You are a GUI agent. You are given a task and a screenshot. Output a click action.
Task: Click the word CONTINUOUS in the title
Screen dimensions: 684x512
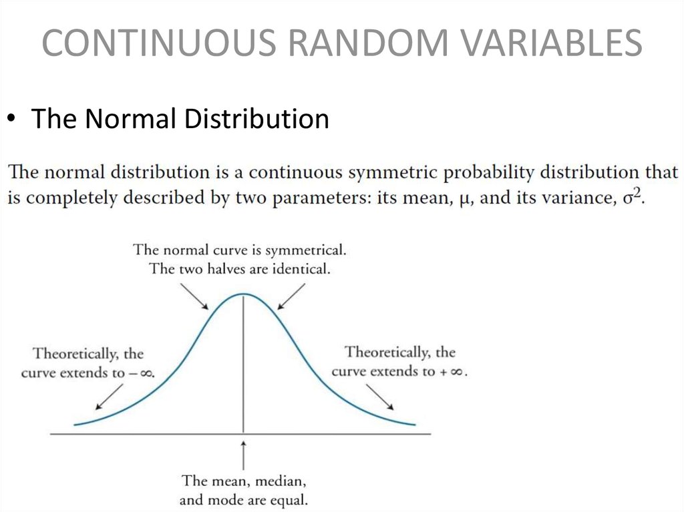(159, 42)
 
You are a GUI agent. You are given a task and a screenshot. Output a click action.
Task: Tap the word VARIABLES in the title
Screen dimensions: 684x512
(551, 42)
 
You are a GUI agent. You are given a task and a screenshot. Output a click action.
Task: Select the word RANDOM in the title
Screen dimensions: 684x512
(368, 42)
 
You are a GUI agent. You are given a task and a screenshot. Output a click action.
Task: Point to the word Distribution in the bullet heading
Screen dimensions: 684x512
(256, 118)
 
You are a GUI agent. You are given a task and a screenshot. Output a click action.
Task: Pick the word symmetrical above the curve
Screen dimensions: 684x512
(305, 250)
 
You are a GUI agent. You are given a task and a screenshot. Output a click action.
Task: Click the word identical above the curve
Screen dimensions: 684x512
(301, 268)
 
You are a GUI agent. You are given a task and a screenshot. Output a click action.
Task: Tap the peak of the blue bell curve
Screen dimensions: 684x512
(243, 294)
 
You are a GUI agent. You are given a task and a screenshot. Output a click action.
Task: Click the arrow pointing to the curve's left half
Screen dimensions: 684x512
(194, 296)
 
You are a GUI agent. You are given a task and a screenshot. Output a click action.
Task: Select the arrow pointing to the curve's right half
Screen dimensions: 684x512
(291, 296)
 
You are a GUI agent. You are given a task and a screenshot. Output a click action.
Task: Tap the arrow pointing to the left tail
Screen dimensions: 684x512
(109, 397)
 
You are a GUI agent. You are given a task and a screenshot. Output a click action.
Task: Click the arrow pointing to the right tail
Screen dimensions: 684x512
(380, 397)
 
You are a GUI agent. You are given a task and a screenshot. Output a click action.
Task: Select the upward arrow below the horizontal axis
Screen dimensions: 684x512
(243, 456)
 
